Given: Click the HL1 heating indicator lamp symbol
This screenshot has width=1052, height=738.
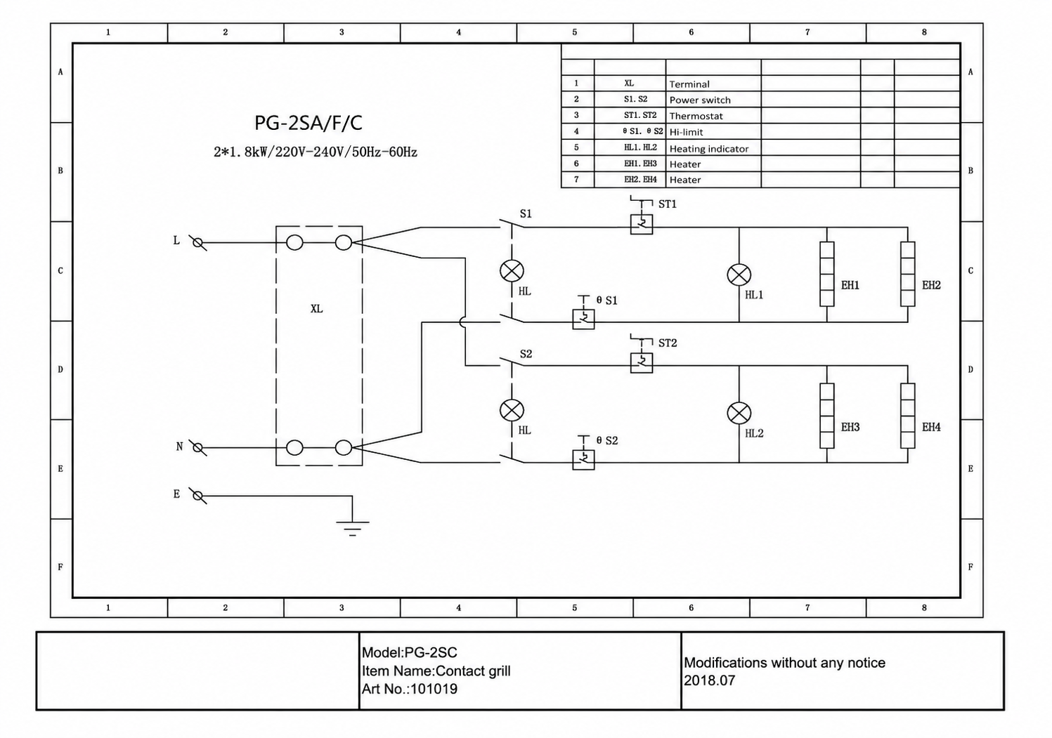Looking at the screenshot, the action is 739,275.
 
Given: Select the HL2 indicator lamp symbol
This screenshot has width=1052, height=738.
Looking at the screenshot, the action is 739,413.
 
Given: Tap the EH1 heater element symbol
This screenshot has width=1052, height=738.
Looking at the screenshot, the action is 826,274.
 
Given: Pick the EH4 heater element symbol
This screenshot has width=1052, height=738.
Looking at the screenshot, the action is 907,416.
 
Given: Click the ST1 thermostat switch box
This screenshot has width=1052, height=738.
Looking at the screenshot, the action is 641,224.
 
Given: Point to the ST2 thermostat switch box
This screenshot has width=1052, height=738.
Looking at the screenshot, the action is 641,362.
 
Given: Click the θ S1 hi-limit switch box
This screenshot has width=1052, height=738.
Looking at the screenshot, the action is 583,319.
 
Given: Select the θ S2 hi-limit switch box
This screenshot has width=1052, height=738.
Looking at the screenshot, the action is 583,460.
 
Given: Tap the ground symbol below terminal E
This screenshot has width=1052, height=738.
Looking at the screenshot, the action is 352,528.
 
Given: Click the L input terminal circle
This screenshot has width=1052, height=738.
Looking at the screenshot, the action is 198,242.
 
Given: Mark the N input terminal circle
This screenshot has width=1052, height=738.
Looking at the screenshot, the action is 198,448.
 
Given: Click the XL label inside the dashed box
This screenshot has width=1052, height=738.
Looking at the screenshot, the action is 316,309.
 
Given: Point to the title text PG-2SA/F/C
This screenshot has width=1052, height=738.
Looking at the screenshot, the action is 308,123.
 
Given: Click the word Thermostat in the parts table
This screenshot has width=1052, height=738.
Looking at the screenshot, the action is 696,116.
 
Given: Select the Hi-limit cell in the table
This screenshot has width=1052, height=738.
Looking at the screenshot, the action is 686,132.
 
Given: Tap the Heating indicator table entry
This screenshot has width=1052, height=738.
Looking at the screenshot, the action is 708,149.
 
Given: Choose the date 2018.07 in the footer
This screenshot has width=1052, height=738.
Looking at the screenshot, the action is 709,680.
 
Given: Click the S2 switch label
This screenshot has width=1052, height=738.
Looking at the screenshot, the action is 526,354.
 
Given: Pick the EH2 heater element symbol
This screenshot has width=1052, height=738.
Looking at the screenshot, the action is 907,274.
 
